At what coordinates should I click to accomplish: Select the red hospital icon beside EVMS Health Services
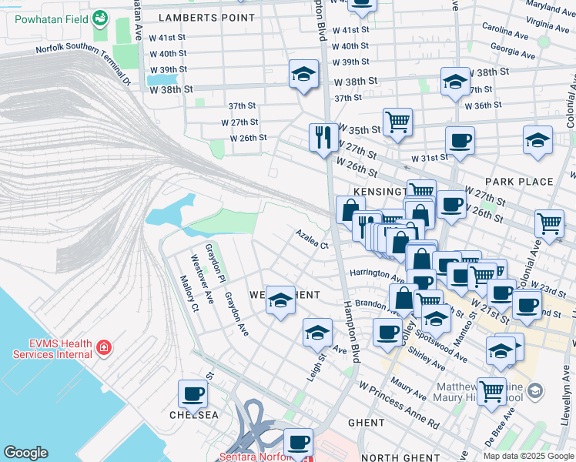(x=102, y=349)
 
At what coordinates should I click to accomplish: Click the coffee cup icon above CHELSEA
(x=193, y=394)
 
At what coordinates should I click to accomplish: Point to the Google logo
(x=25, y=453)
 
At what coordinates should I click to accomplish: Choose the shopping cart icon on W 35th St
(x=397, y=121)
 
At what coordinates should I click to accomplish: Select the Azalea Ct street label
(x=313, y=239)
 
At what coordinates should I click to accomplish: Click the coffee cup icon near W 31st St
(x=460, y=140)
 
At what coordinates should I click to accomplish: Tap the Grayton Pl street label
(x=215, y=262)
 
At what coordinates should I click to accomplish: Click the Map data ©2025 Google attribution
(x=527, y=456)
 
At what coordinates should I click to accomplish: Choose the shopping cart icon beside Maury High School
(x=491, y=390)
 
